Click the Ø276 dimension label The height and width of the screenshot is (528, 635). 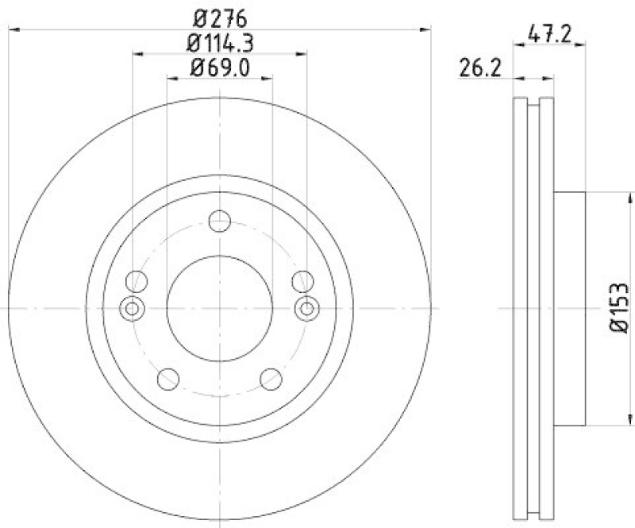click(220, 17)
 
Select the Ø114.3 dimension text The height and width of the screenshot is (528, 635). click(220, 43)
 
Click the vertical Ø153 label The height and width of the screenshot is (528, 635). click(620, 307)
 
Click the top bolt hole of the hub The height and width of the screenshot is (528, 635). click(220, 221)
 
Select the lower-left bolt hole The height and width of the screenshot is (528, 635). click(167, 379)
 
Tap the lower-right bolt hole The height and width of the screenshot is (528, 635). click(271, 379)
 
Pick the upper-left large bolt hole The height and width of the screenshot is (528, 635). click(137, 280)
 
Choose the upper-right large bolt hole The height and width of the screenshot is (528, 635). click(302, 280)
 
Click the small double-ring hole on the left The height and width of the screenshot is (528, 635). click(132, 308)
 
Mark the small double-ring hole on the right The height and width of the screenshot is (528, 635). click(307, 308)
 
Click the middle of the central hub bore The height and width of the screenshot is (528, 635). click(220, 308)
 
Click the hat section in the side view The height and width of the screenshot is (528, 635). click(568, 308)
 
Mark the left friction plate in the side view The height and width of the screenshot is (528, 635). click(521, 308)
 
